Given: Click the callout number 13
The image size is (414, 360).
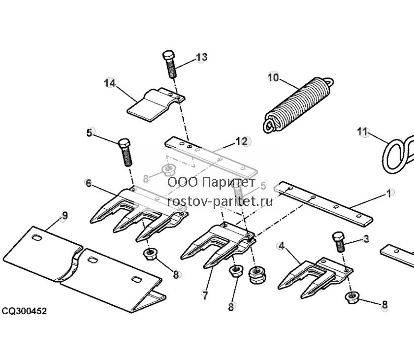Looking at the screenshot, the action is (x=201, y=57).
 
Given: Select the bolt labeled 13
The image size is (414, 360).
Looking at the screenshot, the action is (x=169, y=64).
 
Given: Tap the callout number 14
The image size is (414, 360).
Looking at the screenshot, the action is (x=110, y=83).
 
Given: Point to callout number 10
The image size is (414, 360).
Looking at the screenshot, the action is (x=273, y=77).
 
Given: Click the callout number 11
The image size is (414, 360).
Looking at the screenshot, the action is (x=362, y=131).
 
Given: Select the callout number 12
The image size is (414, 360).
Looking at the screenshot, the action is (x=241, y=141).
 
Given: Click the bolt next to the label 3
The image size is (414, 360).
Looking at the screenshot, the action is (x=338, y=242).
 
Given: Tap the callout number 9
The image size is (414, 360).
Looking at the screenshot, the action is (x=64, y=216).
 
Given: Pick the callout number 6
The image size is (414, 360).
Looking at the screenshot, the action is (x=89, y=183).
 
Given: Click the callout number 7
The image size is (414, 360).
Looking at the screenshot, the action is (x=205, y=295).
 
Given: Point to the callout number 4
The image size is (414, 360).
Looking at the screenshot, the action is (x=282, y=246).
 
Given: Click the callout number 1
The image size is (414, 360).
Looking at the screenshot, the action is (x=389, y=194).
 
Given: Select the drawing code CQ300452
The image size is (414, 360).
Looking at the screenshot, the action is (x=24, y=311).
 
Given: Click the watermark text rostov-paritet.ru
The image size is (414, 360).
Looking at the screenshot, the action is (x=220, y=201).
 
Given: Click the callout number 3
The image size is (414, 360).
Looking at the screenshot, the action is (x=366, y=239).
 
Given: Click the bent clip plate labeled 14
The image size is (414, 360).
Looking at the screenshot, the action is (x=156, y=105).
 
